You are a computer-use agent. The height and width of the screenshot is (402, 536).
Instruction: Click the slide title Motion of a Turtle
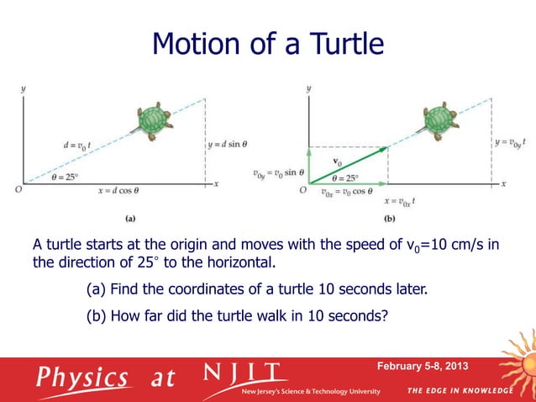267,43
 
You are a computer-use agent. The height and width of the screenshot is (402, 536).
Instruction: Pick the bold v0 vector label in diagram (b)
338,160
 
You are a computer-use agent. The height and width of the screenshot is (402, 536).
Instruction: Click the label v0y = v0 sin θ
279,174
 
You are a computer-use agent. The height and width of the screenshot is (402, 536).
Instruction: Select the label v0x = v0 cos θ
345,193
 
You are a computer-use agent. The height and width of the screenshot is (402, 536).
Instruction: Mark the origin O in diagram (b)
302,190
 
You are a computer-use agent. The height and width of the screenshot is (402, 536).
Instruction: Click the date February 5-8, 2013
423,367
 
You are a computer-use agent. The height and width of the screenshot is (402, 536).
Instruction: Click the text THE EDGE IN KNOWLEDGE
459,391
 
